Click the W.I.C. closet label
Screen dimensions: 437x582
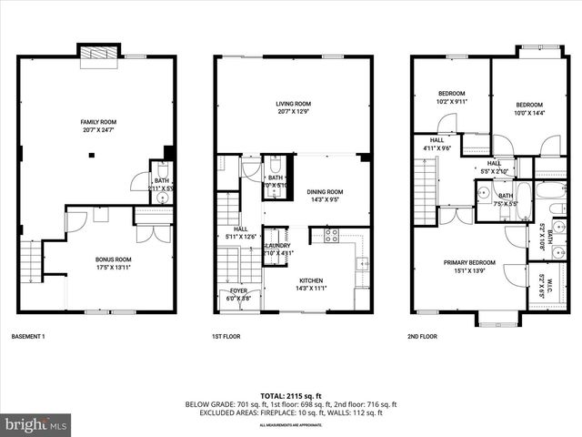point(540,287)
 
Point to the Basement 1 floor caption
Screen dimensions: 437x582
point(28,336)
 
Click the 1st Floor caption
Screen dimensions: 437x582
point(225,336)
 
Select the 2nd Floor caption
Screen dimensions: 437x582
point(423,336)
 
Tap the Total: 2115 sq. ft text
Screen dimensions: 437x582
point(290,395)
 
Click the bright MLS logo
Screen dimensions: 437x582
point(36,424)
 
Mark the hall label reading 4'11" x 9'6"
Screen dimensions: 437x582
point(436,144)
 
